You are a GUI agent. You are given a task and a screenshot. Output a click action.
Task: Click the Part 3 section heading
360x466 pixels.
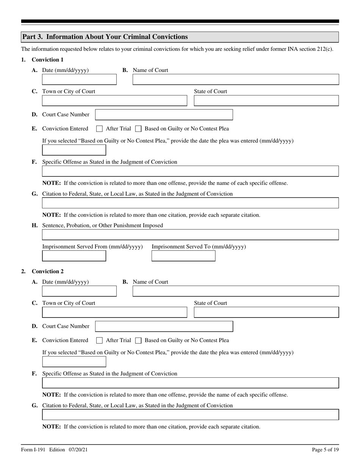[105, 37]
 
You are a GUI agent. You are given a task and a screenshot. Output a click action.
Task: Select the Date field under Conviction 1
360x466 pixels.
[79, 80]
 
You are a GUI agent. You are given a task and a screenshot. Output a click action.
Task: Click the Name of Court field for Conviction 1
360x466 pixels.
[235, 80]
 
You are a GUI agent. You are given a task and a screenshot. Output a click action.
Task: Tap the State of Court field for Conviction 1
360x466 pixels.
[266, 101]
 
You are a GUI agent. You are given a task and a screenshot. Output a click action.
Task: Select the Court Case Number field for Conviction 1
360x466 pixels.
[164, 115]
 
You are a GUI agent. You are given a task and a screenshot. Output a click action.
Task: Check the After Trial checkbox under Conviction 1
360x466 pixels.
[99, 129]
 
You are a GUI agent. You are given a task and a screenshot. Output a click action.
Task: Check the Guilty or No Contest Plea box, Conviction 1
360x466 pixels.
[138, 129]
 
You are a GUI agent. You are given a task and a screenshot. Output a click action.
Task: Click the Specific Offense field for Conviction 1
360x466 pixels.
[190, 171]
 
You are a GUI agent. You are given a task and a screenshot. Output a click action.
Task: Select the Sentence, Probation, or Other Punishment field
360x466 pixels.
[190, 235]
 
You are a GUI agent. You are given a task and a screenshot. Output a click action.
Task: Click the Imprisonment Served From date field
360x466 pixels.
[74, 256]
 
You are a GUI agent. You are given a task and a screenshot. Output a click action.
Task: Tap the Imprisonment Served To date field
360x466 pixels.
[183, 256]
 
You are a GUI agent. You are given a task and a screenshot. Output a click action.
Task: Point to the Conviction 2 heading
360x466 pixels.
[48, 271]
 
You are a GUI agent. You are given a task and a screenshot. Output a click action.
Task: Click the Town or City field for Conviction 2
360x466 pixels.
[114, 313]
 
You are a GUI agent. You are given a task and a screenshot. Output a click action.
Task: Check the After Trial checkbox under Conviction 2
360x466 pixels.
[99, 341]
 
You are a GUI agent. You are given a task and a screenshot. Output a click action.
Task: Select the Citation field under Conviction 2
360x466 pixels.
[190, 415]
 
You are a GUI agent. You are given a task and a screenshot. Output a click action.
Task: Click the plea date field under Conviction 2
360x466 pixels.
[74, 362]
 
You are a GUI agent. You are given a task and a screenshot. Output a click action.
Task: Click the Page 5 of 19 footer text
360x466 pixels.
[325, 450]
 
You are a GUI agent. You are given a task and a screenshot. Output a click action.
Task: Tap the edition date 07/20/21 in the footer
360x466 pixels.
[79, 450]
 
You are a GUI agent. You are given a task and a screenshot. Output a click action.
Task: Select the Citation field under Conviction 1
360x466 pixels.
[190, 203]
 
